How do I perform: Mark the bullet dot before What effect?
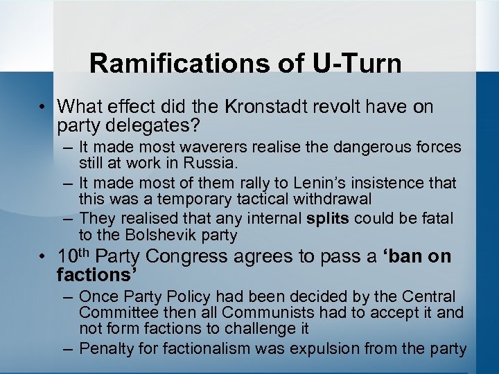(x=43, y=107)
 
